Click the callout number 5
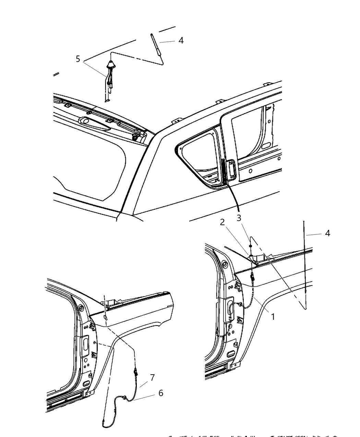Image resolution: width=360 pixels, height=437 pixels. [x=78, y=59]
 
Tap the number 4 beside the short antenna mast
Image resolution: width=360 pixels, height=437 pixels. [x=181, y=40]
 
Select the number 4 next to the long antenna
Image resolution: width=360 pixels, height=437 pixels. [x=327, y=233]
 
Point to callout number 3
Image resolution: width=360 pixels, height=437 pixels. [x=239, y=218]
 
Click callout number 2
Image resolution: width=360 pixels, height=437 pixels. [x=222, y=222]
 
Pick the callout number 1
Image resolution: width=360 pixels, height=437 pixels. [x=273, y=317]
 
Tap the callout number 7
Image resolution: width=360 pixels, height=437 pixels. [x=152, y=378]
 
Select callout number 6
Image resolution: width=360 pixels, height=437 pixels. [x=161, y=393]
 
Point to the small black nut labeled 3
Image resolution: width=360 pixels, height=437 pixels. [x=251, y=246]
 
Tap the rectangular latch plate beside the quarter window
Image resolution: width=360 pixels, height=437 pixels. [x=230, y=170]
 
